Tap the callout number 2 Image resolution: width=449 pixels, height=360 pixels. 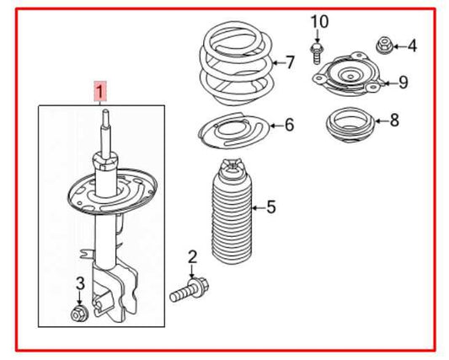[x=192, y=257]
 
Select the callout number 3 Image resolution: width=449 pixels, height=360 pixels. [x=79, y=283]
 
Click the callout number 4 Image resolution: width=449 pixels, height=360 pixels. [x=412, y=46]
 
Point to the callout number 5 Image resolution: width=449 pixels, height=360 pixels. [x=270, y=207]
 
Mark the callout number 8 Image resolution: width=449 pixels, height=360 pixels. [x=394, y=121]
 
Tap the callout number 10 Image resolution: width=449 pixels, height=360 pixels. [x=318, y=20]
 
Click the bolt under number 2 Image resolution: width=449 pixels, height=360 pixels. [x=188, y=291]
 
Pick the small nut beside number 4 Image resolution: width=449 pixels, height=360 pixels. [x=383, y=43]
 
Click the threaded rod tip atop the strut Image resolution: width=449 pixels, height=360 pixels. [x=104, y=118]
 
